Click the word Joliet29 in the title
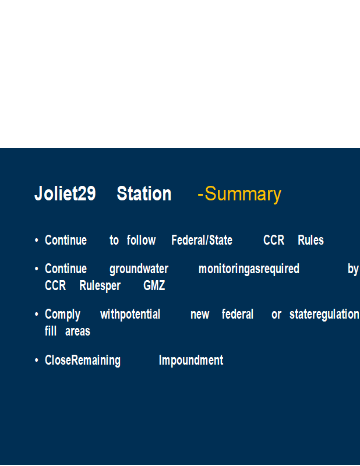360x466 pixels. (65, 193)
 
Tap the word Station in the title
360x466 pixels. (144, 193)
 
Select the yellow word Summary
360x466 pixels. (243, 195)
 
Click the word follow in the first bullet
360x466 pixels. (141, 240)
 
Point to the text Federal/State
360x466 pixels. (202, 240)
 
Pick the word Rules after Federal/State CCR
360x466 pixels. (310, 240)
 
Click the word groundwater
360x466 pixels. (139, 269)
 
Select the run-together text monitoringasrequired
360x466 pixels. (249, 269)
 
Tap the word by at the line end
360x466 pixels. (353, 269)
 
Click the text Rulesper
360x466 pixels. (100, 286)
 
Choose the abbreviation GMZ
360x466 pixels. (154, 285)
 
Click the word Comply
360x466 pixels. (62, 315)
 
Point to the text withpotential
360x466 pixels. (130, 315)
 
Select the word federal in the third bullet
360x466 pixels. (238, 314)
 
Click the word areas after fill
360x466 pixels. (77, 331)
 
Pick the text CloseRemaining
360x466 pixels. (83, 361)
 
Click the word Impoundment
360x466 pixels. (191, 361)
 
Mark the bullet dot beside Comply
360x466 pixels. (37, 314)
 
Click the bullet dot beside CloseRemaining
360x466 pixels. (37, 360)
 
